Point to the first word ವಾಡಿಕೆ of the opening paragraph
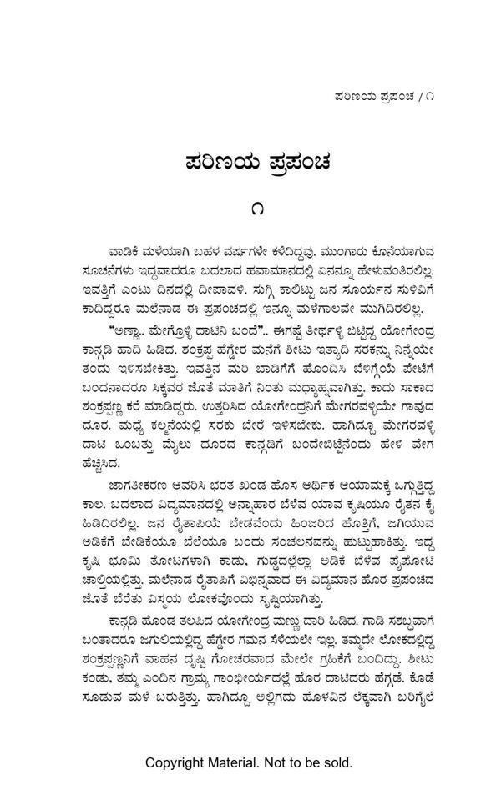(x=128, y=251)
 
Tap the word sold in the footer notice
(x=338, y=762)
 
